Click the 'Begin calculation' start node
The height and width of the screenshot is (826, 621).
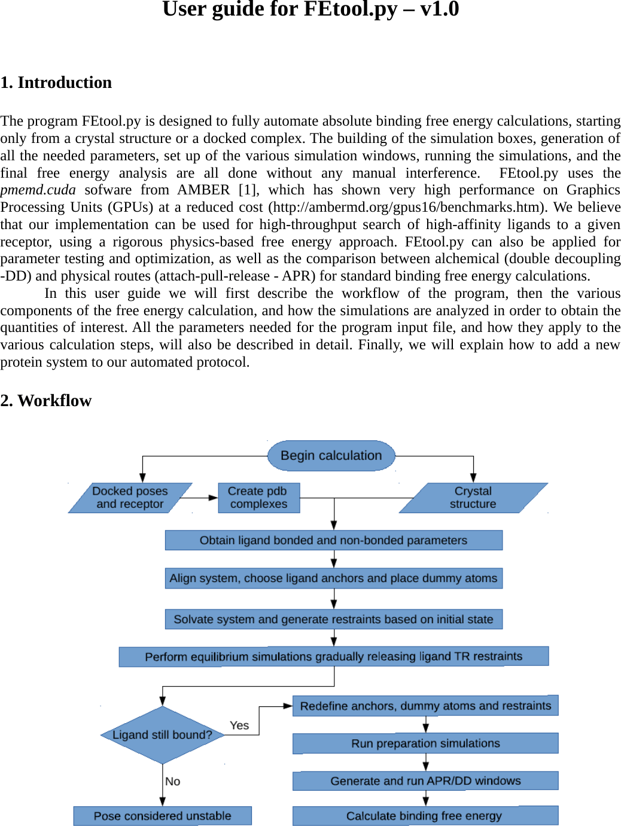tap(331, 456)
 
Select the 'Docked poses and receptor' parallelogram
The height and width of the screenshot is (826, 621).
tap(130, 498)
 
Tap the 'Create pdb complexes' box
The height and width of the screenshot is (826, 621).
tap(258, 498)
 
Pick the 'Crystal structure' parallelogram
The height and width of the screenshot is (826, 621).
tap(473, 498)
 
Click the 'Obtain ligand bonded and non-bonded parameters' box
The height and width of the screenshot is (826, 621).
tap(333, 540)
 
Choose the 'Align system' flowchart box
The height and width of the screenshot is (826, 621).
tap(333, 578)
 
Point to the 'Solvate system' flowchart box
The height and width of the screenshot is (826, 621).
tap(333, 619)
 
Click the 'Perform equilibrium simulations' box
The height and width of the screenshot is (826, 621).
tap(333, 656)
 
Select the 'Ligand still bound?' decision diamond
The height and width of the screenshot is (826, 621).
tap(162, 734)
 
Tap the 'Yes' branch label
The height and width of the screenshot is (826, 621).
tap(239, 726)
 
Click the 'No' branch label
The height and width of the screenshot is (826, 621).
tap(173, 781)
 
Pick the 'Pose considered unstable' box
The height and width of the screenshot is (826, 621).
tap(162, 816)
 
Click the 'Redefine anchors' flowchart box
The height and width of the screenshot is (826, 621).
tap(425, 706)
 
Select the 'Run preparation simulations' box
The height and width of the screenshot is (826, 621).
tap(425, 743)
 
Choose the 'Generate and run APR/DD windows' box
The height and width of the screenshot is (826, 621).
tap(425, 781)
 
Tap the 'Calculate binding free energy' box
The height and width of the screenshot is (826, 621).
tap(424, 816)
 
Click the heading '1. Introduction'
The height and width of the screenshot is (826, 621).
tap(56, 83)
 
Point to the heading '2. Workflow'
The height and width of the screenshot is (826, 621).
tap(46, 401)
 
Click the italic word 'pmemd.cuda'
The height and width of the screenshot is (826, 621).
tap(38, 190)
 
